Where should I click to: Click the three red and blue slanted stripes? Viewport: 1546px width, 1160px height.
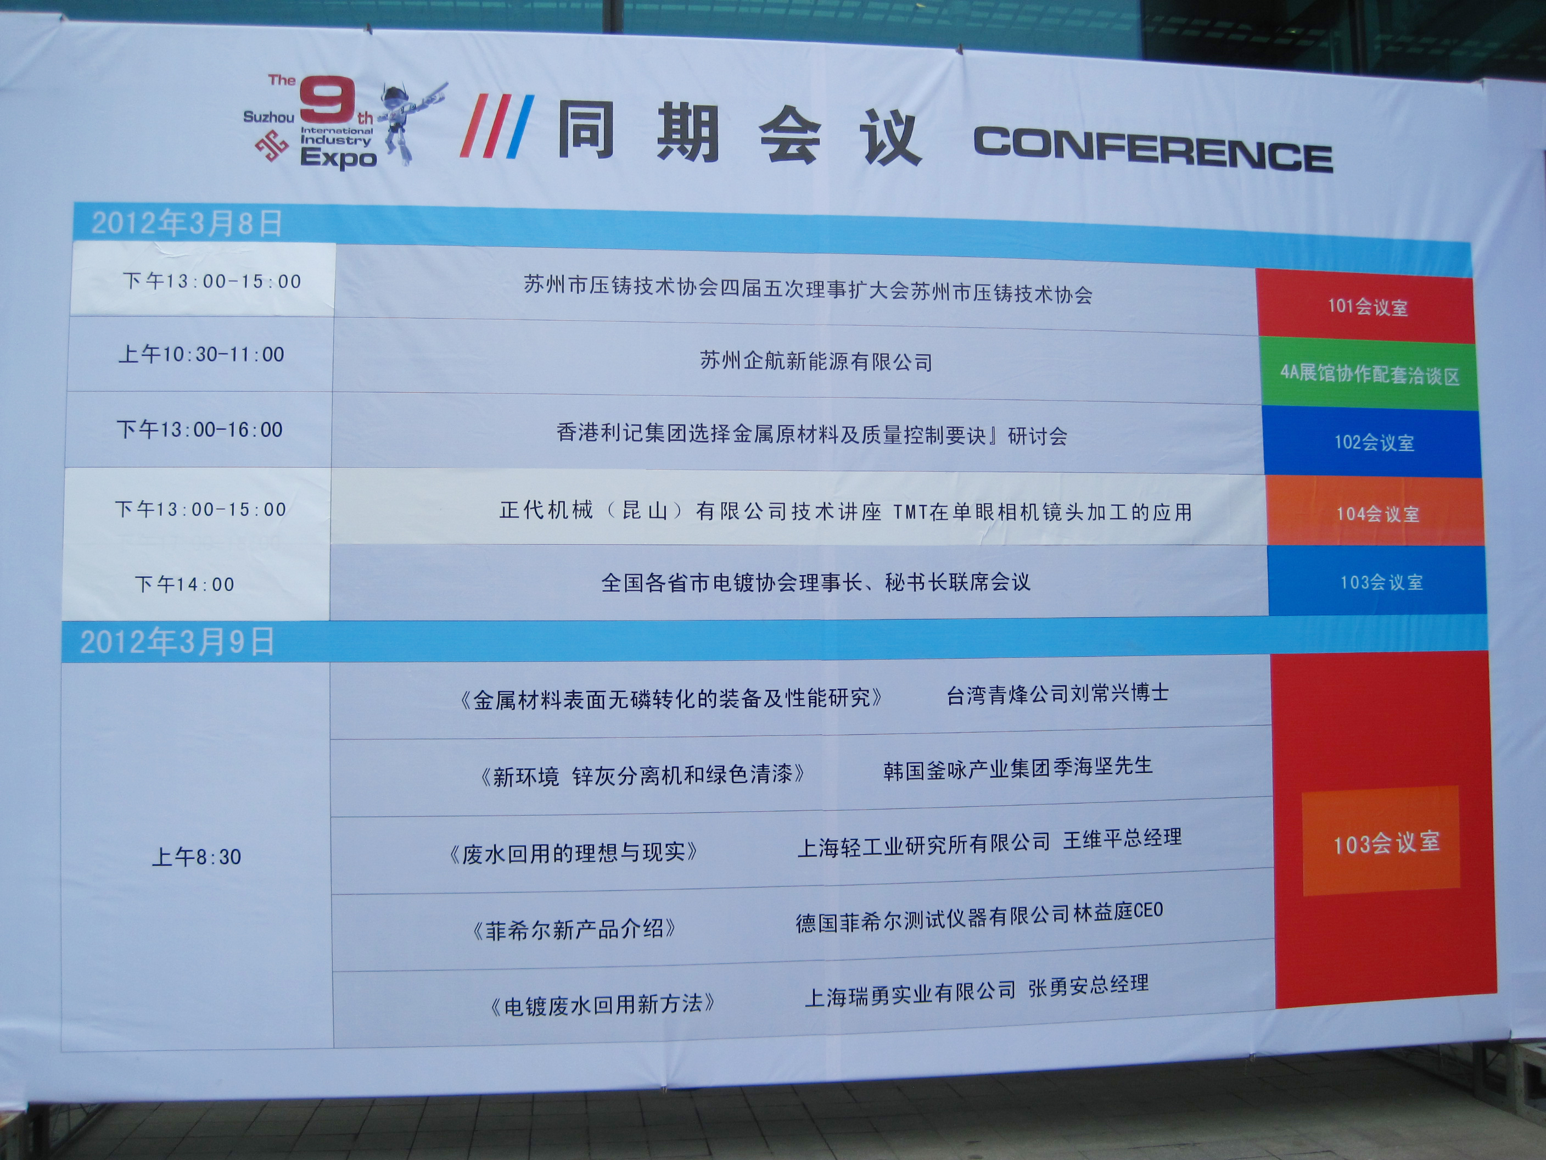[x=497, y=125]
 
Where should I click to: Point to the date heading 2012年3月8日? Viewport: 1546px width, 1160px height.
[x=187, y=223]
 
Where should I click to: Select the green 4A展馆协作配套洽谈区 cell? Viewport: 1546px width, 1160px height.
[x=1370, y=373]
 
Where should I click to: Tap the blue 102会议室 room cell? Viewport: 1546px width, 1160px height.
[x=1374, y=442]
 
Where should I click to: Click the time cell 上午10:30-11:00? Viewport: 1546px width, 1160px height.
[x=201, y=354]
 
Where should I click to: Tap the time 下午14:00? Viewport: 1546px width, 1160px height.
[x=184, y=584]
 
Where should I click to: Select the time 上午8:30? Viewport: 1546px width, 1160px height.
[x=197, y=856]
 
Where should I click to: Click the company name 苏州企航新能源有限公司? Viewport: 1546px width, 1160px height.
[x=816, y=361]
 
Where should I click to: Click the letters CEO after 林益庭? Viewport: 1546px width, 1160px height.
[x=1149, y=911]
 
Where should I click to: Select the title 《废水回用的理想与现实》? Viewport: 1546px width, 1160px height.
[x=573, y=852]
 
